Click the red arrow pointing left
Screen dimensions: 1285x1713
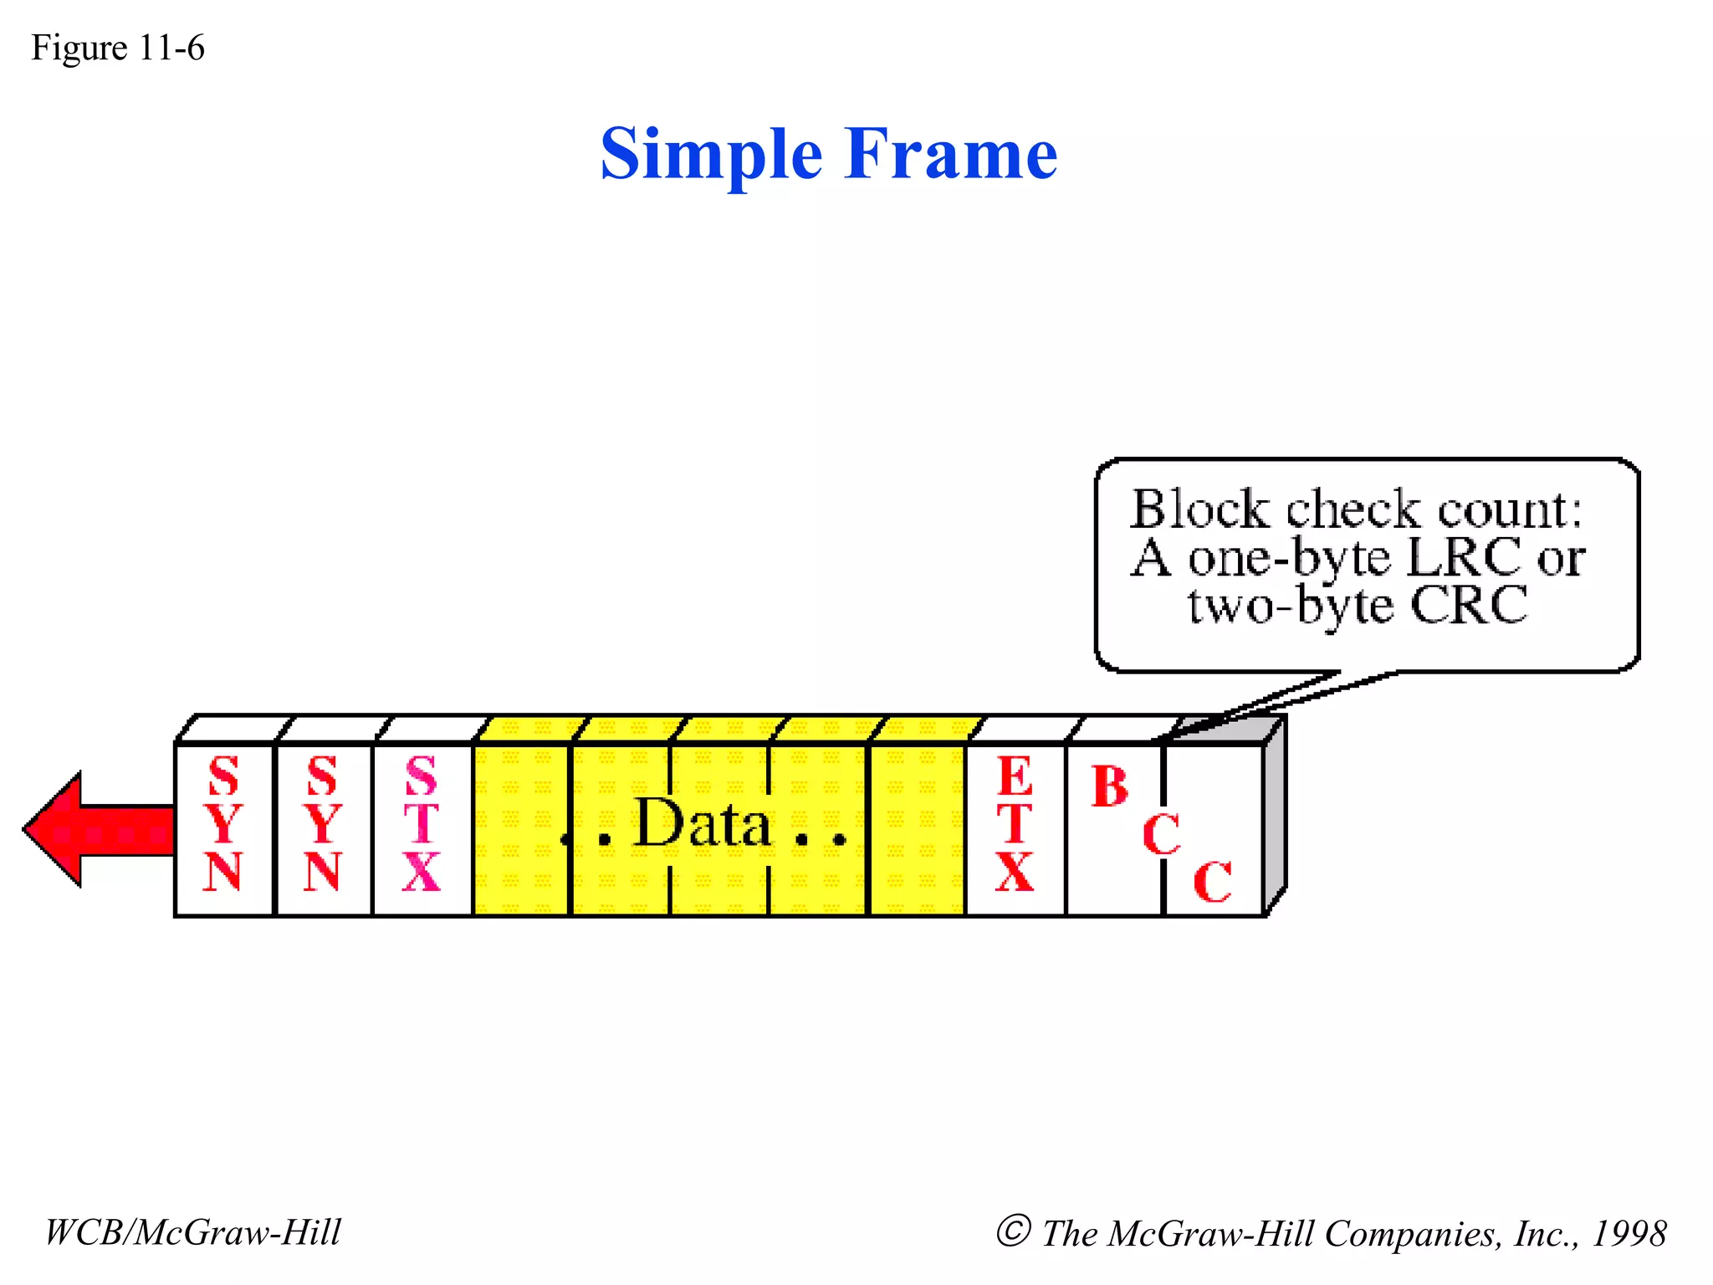pyautogui.click(x=92, y=829)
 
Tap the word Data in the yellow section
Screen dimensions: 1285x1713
pyautogui.click(x=703, y=824)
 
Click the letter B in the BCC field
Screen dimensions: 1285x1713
pyautogui.click(x=1110, y=787)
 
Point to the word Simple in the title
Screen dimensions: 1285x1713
pyautogui.click(x=712, y=154)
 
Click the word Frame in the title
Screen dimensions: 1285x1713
pyautogui.click(x=951, y=154)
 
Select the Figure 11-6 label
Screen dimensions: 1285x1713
pyautogui.click(x=118, y=49)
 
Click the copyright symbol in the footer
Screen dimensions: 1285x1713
pyautogui.click(x=1013, y=1231)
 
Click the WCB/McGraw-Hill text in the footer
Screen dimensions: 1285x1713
pyautogui.click(x=193, y=1232)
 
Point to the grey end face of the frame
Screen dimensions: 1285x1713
pyautogui.click(x=1275, y=816)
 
